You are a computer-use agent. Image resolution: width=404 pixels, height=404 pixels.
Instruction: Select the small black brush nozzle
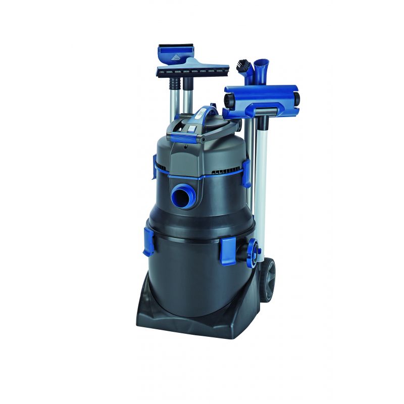pyautogui.click(x=243, y=66)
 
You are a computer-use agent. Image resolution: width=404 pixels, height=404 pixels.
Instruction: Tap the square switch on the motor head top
pyautogui.click(x=192, y=130)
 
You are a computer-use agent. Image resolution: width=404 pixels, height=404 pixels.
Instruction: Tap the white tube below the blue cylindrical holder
pyautogui.click(x=262, y=167)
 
